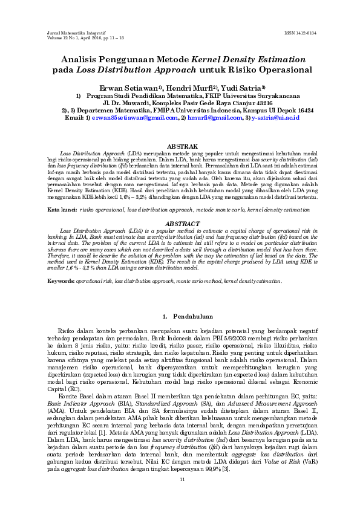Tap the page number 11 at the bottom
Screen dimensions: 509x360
[x=181, y=479]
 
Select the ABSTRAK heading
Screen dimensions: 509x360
[x=180, y=147]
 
